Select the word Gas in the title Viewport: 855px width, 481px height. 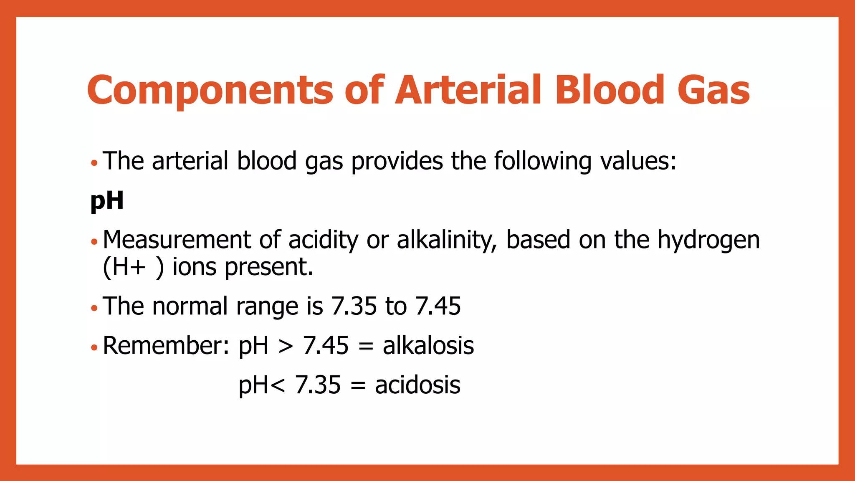pyautogui.click(x=713, y=90)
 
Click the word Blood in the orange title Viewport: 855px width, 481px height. pyautogui.click(x=609, y=89)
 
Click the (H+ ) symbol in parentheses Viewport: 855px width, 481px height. pyautogui.click(x=133, y=267)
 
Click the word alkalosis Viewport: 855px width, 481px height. pyautogui.click(x=428, y=346)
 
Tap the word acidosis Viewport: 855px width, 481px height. pyautogui.click(x=417, y=385)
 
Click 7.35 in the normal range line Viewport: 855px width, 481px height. pyautogui.click(x=354, y=306)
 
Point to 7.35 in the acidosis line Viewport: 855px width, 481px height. pyautogui.click(x=318, y=385)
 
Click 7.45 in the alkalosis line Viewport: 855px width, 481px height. pyautogui.click(x=326, y=346)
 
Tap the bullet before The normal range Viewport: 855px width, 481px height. pyautogui.click(x=94, y=309)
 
